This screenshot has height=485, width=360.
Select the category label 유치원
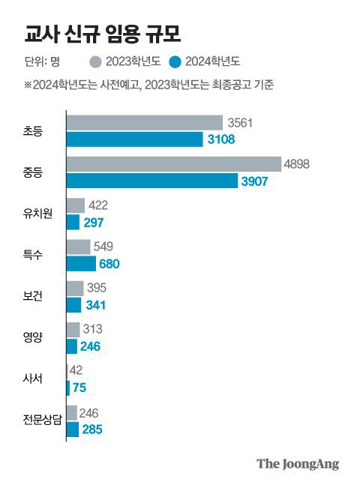[x=36, y=214]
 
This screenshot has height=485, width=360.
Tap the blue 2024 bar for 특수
[x=82, y=263]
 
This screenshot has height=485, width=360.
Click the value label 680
[x=109, y=264]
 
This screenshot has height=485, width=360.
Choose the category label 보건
[x=36, y=296]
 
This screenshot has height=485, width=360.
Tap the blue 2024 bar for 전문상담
[x=73, y=430]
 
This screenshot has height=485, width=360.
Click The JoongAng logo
[x=298, y=463]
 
